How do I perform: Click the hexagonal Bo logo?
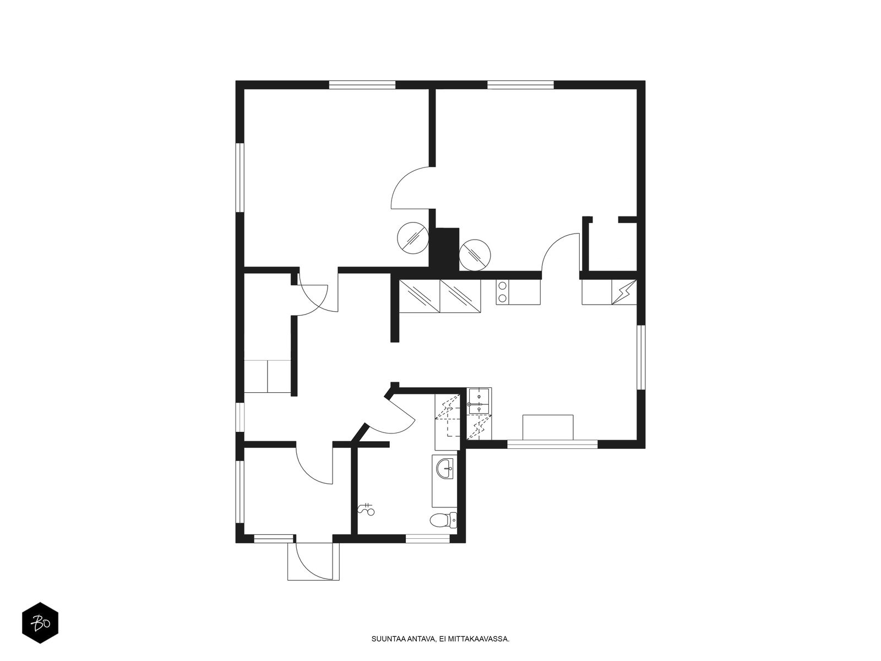pyautogui.click(x=40, y=623)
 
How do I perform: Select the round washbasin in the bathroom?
pyautogui.click(x=445, y=469)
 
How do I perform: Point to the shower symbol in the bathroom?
pyautogui.click(x=366, y=510)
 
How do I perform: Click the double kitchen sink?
pyautogui.click(x=479, y=400)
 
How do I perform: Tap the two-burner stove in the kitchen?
pyautogui.click(x=502, y=292)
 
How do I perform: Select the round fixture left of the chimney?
pyautogui.click(x=412, y=238)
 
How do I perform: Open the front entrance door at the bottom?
pyautogui.click(x=314, y=561)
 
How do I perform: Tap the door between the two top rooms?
pyautogui.click(x=411, y=188)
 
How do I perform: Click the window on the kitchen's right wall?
pyautogui.click(x=641, y=357)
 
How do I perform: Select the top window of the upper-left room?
pyautogui.click(x=362, y=85)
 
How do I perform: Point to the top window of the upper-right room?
pyautogui.click(x=520, y=85)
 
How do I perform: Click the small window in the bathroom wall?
pyautogui.click(x=427, y=539)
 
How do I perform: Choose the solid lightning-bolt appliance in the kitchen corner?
pyautogui.click(x=624, y=292)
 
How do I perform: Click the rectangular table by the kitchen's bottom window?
pyautogui.click(x=548, y=427)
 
